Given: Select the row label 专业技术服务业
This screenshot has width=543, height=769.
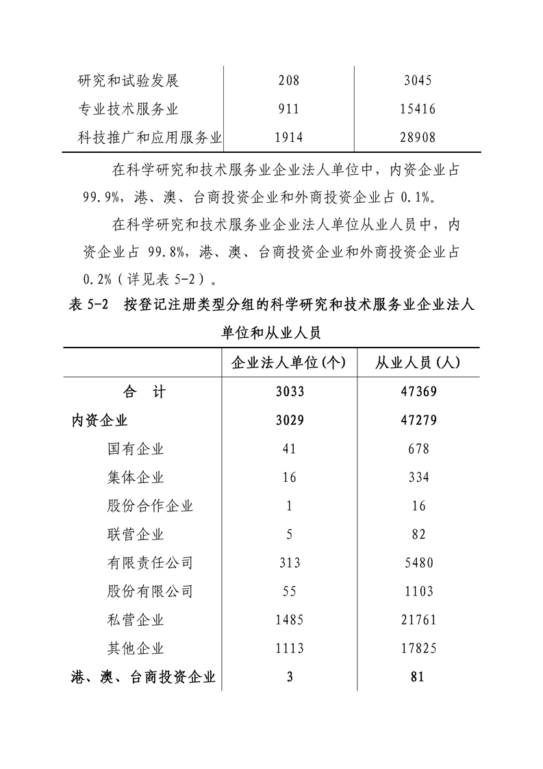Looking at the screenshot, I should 128,109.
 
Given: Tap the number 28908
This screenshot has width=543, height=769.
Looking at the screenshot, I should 418,138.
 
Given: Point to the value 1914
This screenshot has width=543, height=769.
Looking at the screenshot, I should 288,138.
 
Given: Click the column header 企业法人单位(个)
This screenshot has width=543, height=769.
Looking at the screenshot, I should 289,363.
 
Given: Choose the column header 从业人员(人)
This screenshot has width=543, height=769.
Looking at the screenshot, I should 418,363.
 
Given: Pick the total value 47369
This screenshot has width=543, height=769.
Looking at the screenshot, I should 418,392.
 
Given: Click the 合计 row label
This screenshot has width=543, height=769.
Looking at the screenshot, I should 144,392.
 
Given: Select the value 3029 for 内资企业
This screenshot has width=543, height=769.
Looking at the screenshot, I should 288,420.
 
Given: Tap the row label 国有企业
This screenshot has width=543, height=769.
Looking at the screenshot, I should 136,449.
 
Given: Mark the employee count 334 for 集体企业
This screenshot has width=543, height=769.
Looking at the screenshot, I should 418,478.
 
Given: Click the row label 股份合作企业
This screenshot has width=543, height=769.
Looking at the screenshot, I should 150,506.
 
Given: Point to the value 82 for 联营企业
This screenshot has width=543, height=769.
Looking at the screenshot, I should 418,535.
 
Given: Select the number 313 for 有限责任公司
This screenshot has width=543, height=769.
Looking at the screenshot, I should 289,563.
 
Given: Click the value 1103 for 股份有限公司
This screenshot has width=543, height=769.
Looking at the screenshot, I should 418,591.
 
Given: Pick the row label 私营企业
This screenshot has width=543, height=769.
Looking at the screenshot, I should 136,620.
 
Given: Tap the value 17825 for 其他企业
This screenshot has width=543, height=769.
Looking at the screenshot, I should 418,648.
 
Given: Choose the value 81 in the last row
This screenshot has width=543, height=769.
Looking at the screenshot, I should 418,677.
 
